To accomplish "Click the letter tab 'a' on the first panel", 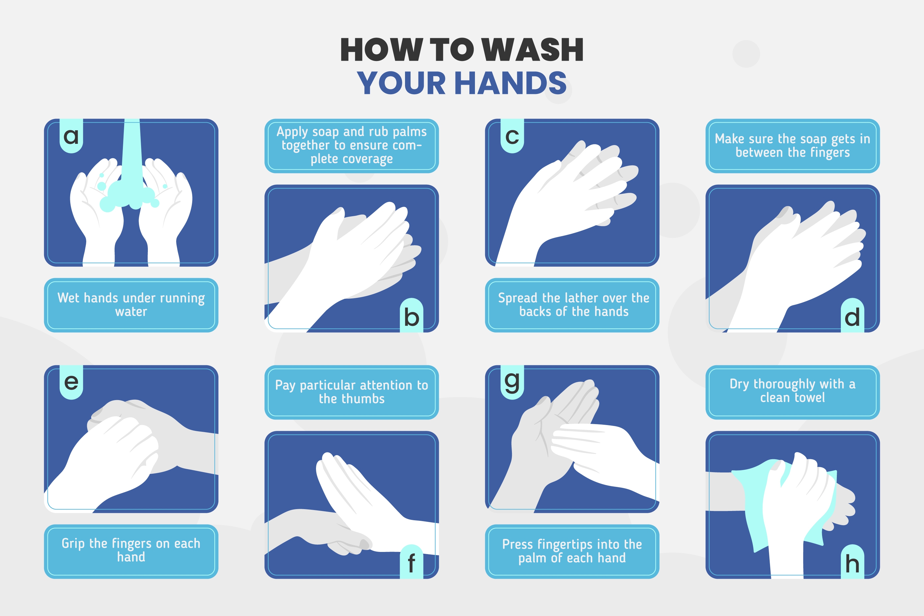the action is [71, 136].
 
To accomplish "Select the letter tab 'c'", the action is [512, 136].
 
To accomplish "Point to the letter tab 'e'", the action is [71, 382].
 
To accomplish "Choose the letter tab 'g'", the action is [512, 382].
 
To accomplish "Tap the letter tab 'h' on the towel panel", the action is [853, 562].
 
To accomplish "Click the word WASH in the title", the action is [533, 50].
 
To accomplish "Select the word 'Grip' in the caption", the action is [73, 544].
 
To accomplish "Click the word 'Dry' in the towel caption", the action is [740, 384].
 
